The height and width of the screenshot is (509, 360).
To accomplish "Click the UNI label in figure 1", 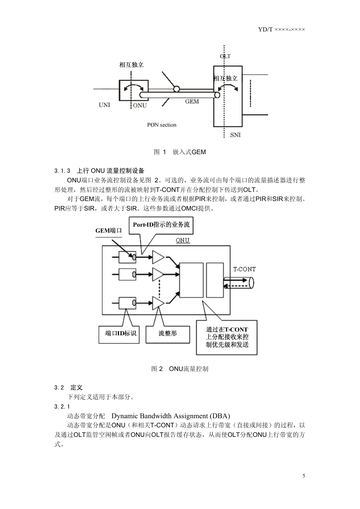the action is [104, 105].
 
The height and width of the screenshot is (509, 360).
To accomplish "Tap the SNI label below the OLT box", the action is [235, 135].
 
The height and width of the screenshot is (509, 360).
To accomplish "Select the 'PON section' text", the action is [162, 125].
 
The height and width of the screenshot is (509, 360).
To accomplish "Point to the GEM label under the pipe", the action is [192, 102].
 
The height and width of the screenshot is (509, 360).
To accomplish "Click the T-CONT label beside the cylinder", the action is [244, 269].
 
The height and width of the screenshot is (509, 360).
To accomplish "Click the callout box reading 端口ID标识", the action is [119, 334].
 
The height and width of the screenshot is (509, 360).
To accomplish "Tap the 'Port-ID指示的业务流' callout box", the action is [161, 225].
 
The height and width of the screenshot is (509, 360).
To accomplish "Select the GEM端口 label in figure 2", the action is [109, 230].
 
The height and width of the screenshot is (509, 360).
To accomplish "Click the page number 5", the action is [304, 475].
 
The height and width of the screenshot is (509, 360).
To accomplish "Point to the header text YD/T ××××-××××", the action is [282, 29].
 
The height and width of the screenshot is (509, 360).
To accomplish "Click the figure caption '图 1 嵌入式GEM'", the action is [180, 152].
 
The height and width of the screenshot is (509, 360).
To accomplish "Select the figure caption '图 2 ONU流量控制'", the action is [180, 369].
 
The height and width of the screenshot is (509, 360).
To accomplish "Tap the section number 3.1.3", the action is [62, 171].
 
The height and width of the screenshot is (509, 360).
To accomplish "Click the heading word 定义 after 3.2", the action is [77, 388].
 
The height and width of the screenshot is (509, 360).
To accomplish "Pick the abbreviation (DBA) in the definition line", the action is [220, 416].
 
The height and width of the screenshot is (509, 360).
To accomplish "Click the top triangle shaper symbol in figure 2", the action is [158, 257].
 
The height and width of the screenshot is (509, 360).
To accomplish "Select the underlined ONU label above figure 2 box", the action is [183, 240].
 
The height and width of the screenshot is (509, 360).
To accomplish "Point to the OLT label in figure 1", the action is [225, 56].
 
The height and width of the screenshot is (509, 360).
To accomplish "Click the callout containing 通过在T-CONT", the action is [227, 337].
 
